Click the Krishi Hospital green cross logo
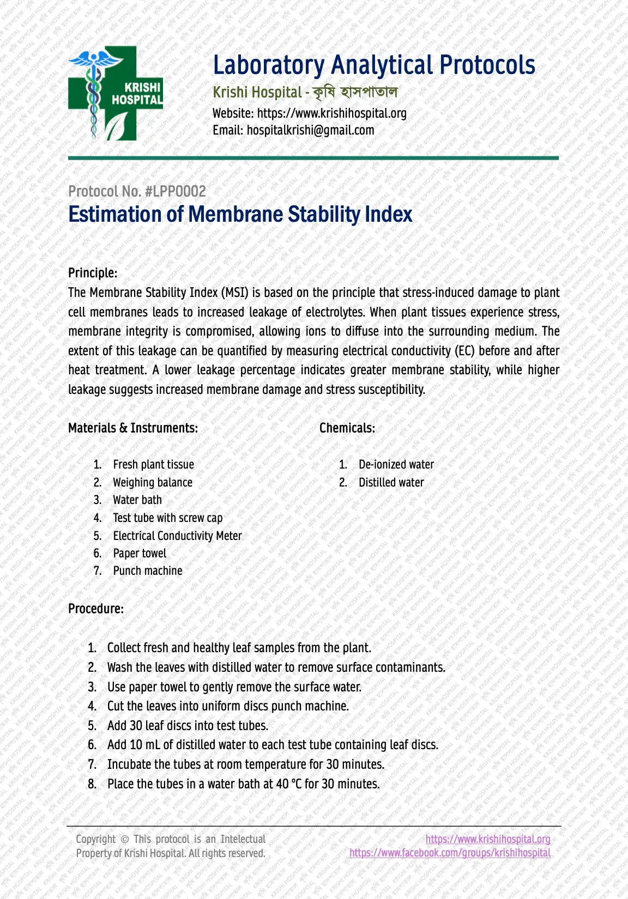coord(116,94)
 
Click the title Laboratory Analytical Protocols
coord(374,65)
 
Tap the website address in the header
coord(331,113)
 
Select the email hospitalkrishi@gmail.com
coord(310,130)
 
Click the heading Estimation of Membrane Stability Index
coord(240,214)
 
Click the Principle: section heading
coord(93,272)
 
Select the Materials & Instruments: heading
coord(133,428)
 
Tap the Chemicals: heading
coord(347,428)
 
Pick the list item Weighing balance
coord(153,482)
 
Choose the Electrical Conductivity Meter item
coord(177,536)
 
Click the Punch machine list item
coord(148,570)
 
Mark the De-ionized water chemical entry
coord(396,464)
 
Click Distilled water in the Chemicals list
coord(391,482)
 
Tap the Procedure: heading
coord(96,609)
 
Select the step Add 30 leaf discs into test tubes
coord(188,725)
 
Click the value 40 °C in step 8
coord(289,784)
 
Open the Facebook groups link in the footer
coord(450,853)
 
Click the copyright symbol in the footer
coord(124,840)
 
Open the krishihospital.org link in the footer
coord(488,839)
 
